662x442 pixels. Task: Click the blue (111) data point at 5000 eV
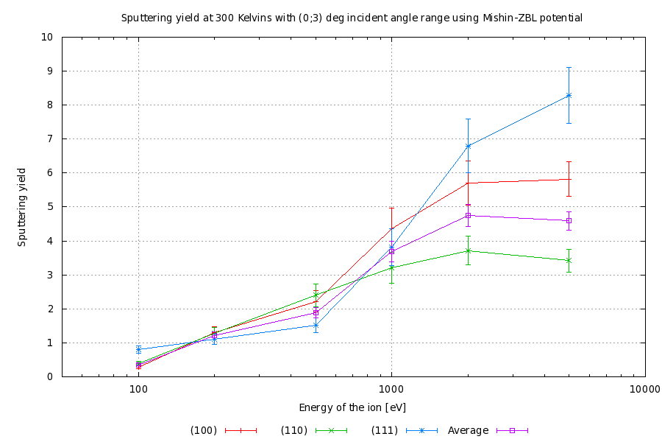pyautogui.click(x=569, y=95)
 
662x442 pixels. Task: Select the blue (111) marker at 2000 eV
pyautogui.click(x=468, y=146)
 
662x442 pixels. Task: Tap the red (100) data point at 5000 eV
pyautogui.click(x=569, y=179)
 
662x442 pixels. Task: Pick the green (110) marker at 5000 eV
pyautogui.click(x=569, y=260)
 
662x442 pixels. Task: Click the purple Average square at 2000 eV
pyautogui.click(x=468, y=215)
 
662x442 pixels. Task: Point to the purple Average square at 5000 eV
pyautogui.click(x=569, y=220)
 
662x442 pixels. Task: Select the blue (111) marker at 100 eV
pyautogui.click(x=138, y=349)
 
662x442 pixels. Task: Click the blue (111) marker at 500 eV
pyautogui.click(x=316, y=325)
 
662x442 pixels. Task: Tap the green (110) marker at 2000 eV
pyautogui.click(x=468, y=250)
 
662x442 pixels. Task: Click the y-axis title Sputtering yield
pyautogui.click(x=22, y=206)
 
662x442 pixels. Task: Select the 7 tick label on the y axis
pyautogui.click(x=49, y=138)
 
